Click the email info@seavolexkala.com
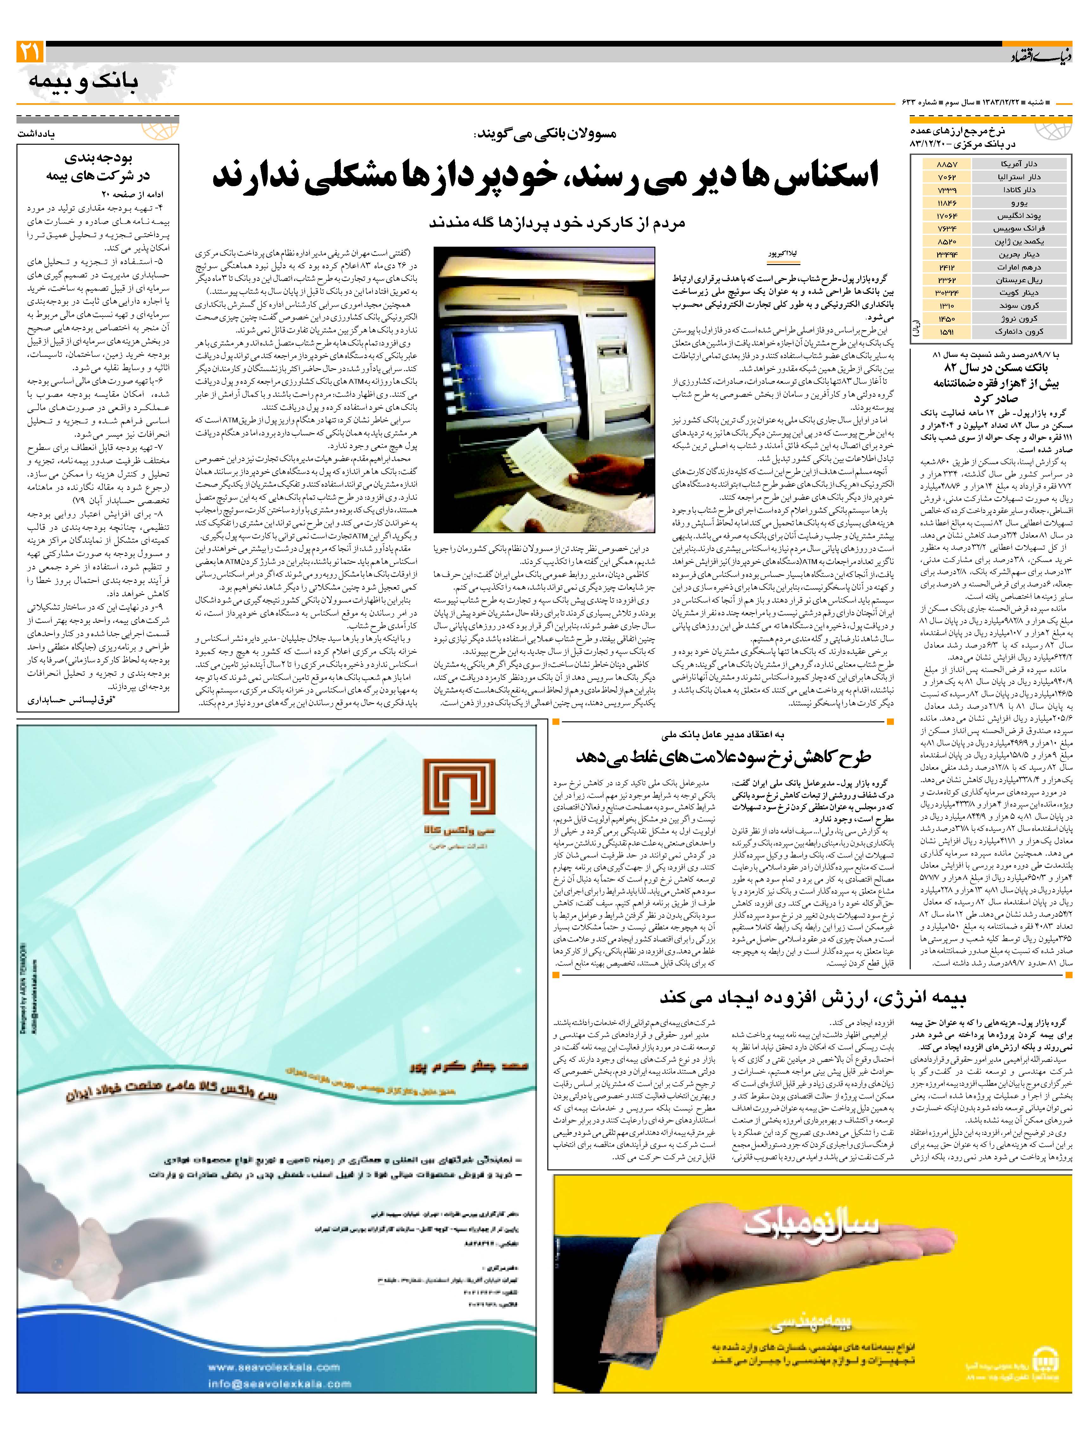pyautogui.click(x=279, y=1402)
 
